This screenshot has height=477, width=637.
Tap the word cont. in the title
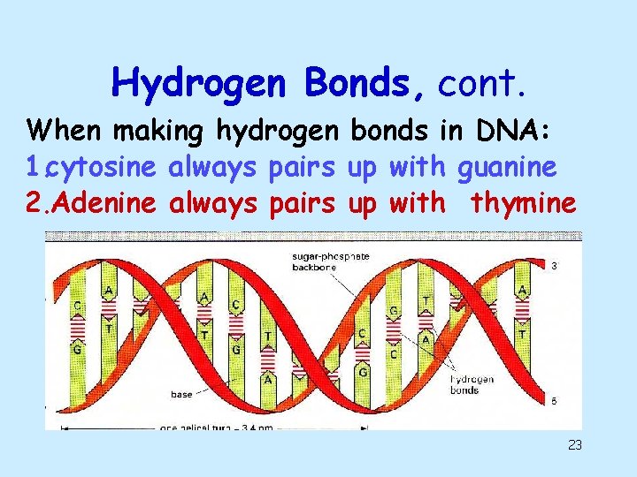click(483, 84)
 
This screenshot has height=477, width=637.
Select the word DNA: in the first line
click(516, 132)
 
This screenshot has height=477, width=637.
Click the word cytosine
click(102, 168)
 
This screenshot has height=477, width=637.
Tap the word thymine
click(524, 204)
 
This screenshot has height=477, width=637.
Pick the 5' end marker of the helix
click(554, 400)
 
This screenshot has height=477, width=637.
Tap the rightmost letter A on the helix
click(524, 291)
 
